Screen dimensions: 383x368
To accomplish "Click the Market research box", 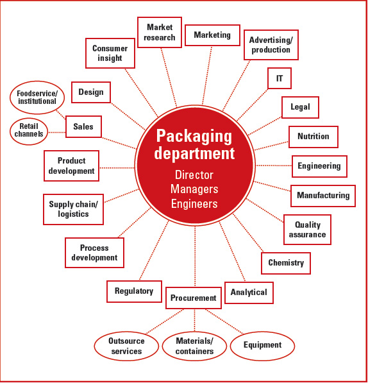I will (x=160, y=32).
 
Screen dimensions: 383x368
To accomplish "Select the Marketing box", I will (x=212, y=35).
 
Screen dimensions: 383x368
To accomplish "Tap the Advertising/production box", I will (x=271, y=45).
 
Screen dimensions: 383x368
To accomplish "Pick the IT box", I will (x=280, y=78).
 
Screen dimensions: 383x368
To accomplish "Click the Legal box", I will (x=300, y=107).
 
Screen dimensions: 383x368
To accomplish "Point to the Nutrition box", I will (x=314, y=137).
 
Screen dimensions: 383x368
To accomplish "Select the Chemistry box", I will (x=286, y=263).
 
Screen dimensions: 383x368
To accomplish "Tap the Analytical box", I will (x=249, y=293).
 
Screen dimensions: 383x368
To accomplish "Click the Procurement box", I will (x=194, y=298).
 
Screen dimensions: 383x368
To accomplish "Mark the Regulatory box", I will (x=134, y=291).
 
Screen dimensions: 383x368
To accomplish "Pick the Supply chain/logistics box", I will (x=73, y=209).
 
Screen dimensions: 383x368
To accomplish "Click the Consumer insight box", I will (x=110, y=53).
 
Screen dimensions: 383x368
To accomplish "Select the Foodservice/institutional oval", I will (x=37, y=97).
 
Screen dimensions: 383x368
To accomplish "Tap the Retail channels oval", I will (x=29, y=130).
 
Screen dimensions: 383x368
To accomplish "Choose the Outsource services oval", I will (x=126, y=346).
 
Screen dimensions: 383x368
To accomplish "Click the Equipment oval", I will (x=262, y=345).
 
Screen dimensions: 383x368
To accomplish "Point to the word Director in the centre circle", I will (x=194, y=174).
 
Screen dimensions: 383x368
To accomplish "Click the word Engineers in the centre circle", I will (x=194, y=204).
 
